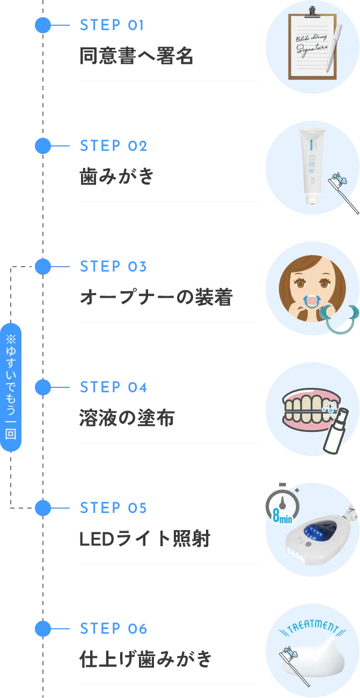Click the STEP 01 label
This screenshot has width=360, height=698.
(x=112, y=25)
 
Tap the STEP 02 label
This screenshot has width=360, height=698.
(x=113, y=146)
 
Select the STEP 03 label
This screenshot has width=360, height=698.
(x=113, y=266)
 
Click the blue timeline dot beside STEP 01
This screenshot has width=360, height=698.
(x=43, y=25)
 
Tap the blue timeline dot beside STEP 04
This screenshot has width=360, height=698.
(x=43, y=387)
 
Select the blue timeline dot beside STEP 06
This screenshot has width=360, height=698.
(x=43, y=628)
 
